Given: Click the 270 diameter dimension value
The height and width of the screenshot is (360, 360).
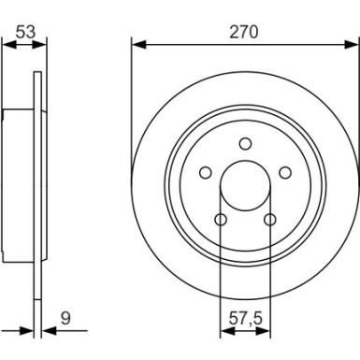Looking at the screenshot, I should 245,31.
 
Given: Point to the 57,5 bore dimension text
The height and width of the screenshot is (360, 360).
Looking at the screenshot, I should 244,317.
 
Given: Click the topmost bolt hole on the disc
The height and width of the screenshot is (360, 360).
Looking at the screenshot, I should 245,143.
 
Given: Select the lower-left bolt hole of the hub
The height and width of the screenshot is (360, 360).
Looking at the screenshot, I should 221,220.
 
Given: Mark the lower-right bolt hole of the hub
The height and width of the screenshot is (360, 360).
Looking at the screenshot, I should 270,220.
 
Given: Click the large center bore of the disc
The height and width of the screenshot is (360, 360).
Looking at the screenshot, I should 245,184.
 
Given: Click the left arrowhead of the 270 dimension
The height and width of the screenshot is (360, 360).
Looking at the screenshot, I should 137,44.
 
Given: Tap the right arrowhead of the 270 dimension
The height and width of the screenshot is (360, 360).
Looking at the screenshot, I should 353,44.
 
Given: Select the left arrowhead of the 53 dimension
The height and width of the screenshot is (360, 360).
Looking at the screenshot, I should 7,44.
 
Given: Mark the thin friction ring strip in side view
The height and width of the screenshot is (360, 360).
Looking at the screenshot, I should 38,184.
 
